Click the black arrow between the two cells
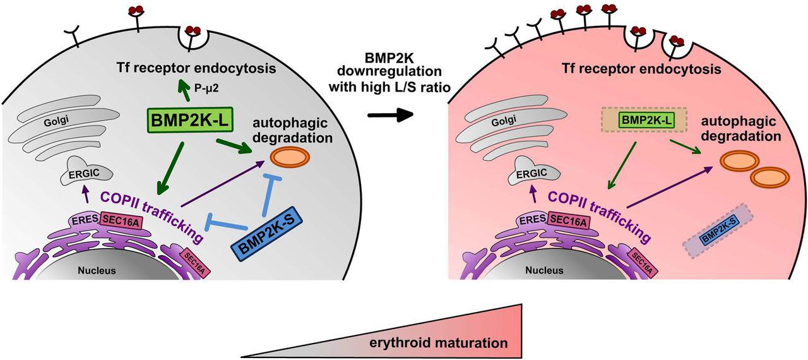tap(386, 114)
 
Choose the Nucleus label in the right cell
tap(544, 270)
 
